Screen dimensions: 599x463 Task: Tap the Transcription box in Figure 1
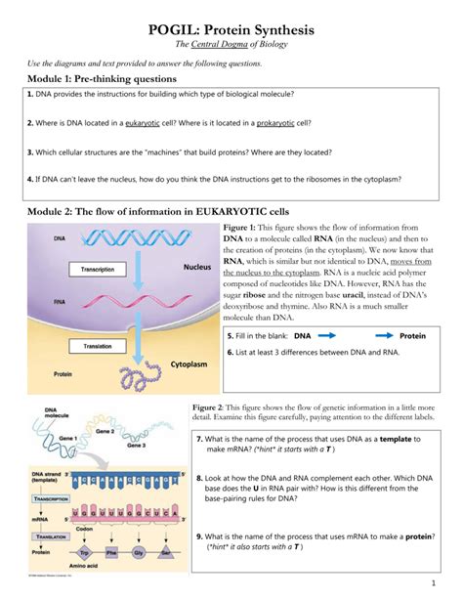pos(97,269)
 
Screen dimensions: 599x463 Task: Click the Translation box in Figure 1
pos(97,346)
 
